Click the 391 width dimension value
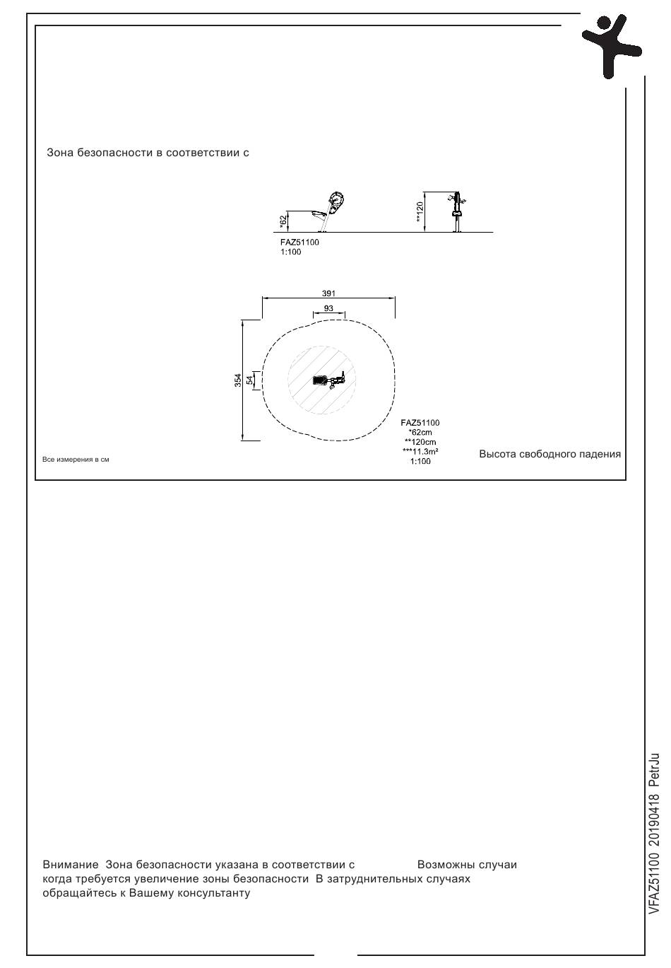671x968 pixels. (x=328, y=293)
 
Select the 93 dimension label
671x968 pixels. (x=328, y=308)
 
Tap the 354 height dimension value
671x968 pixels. (x=238, y=380)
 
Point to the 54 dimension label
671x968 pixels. (x=249, y=380)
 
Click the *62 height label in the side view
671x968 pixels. (x=283, y=221)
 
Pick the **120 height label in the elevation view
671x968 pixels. (x=420, y=212)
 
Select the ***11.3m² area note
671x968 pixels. (x=420, y=452)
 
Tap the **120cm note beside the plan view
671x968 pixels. (x=420, y=442)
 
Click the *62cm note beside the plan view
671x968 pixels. (x=420, y=432)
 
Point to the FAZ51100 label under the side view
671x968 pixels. (x=299, y=243)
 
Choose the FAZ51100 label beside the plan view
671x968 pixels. (x=420, y=423)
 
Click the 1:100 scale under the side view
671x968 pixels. (x=290, y=252)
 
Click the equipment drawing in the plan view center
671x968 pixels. (x=329, y=380)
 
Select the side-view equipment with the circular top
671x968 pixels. (x=329, y=211)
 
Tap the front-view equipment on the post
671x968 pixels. (x=457, y=211)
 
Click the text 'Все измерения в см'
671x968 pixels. (x=76, y=460)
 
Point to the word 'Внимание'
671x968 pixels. (x=71, y=865)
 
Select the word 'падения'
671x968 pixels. (x=601, y=454)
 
